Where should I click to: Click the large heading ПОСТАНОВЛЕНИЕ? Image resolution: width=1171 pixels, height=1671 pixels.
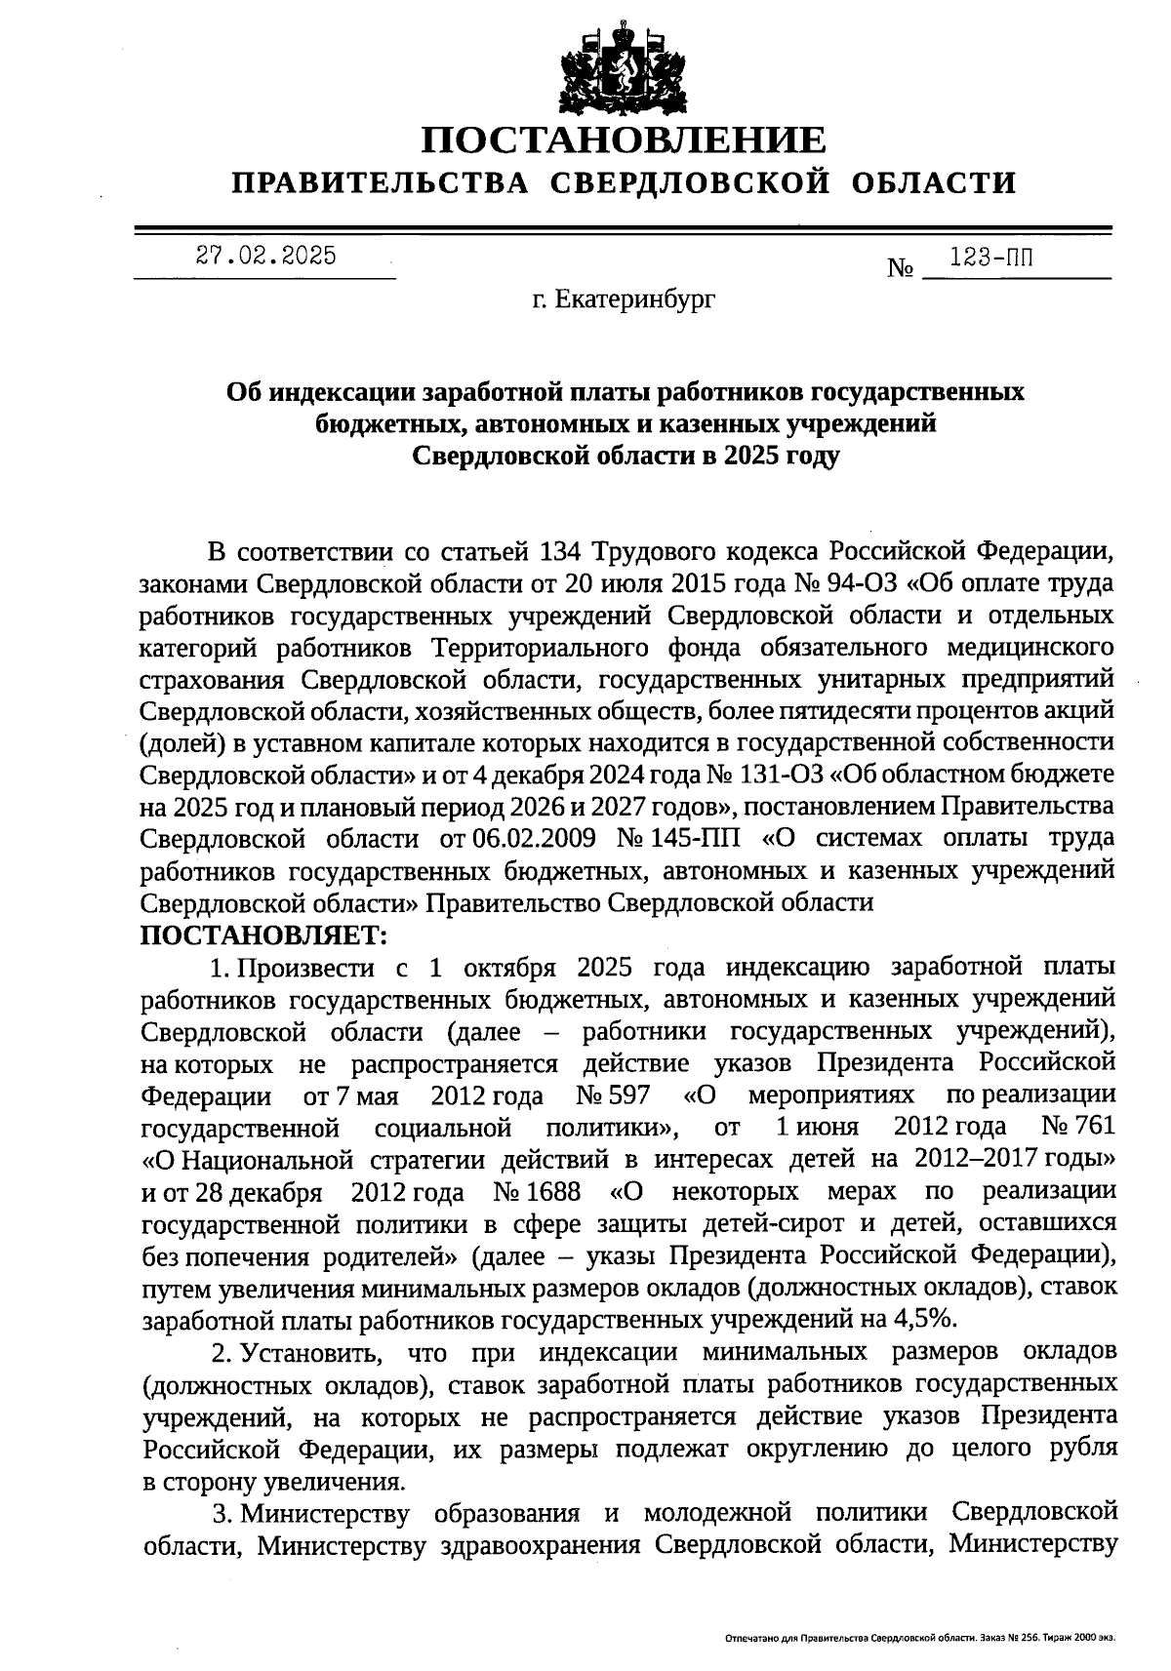[x=624, y=141]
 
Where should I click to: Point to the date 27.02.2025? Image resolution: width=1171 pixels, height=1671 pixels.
[x=265, y=256]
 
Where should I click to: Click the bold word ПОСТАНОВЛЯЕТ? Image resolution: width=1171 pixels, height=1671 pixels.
[x=263, y=935]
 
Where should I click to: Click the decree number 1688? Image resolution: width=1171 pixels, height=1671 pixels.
[x=555, y=1192]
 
